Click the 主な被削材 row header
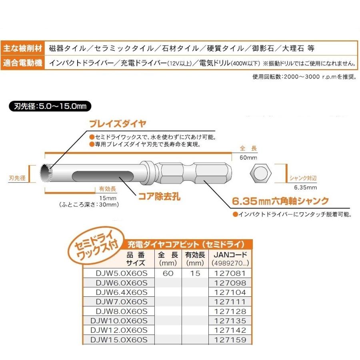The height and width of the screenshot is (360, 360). click(x=22, y=48)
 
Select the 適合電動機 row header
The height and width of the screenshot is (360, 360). click(x=22, y=63)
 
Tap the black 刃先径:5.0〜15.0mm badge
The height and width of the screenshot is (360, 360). click(x=50, y=107)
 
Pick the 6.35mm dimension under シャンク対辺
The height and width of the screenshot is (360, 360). click(x=305, y=187)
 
